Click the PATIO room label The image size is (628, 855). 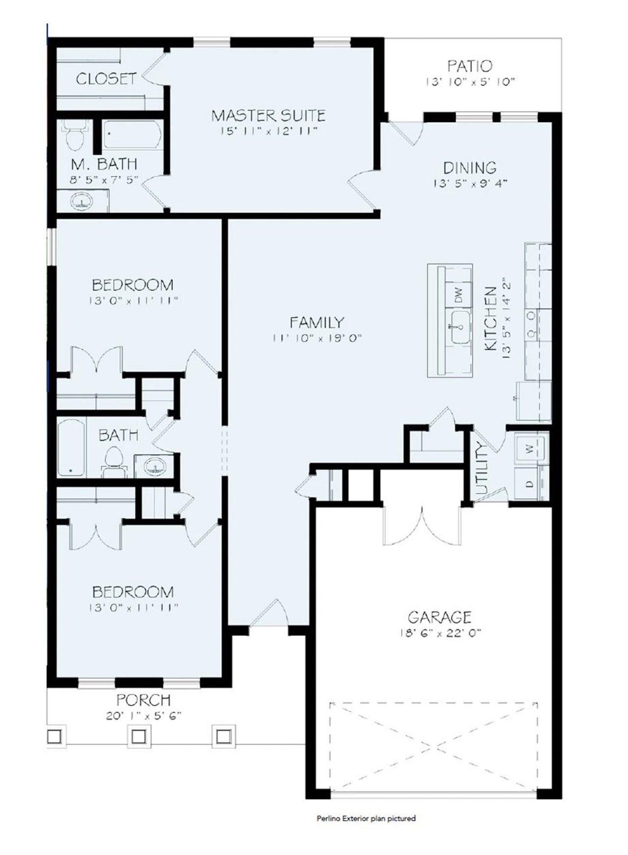(470, 66)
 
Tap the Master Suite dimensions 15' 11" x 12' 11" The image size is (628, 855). (269, 131)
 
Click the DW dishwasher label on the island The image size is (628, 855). (459, 295)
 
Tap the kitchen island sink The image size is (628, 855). (460, 327)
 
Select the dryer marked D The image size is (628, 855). (530, 483)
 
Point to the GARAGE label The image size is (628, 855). (440, 617)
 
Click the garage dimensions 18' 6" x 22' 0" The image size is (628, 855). (440, 633)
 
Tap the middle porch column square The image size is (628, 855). (138, 736)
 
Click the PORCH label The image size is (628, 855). (143, 699)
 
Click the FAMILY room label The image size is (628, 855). (316, 323)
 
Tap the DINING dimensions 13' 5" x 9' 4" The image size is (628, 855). (470, 184)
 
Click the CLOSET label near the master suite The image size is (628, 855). (105, 79)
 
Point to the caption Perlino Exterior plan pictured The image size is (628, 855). (366, 818)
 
